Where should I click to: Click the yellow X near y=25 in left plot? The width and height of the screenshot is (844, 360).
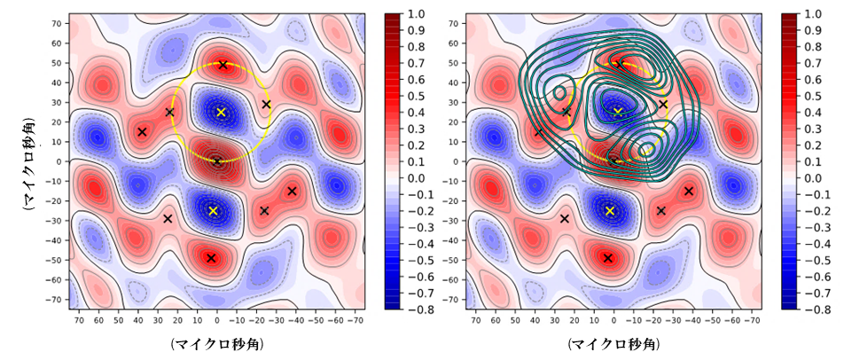tap(222, 113)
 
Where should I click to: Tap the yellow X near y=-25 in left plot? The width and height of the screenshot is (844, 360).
tap(213, 211)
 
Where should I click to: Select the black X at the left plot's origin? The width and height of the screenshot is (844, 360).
tap(217, 161)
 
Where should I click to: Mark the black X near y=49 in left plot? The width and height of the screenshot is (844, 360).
tap(223, 65)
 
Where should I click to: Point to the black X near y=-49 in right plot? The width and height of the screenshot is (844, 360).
tap(608, 258)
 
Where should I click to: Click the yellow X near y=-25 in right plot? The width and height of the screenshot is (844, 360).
tap(610, 211)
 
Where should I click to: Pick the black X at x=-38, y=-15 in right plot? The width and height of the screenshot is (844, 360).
tap(689, 191)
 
